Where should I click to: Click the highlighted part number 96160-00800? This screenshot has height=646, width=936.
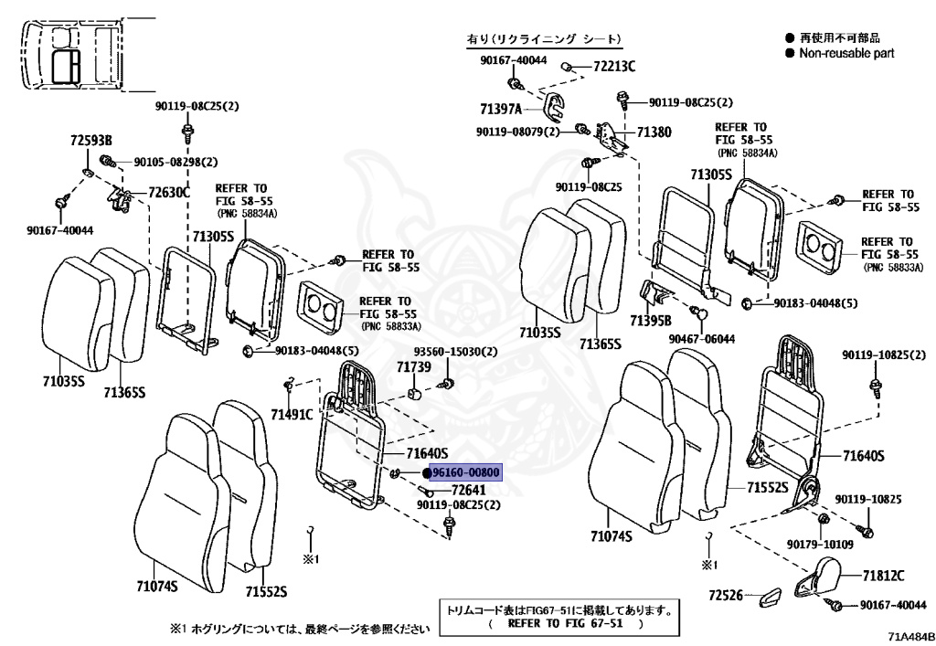(x=465, y=473)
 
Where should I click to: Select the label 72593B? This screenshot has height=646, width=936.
(x=90, y=141)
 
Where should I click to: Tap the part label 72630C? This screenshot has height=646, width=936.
(x=169, y=192)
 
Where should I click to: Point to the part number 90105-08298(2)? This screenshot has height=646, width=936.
(x=175, y=162)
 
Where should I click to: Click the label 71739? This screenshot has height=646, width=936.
(x=414, y=366)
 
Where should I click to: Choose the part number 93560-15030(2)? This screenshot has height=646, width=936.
(x=455, y=352)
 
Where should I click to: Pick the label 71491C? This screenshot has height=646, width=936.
(x=292, y=414)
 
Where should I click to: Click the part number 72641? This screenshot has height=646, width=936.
(x=469, y=491)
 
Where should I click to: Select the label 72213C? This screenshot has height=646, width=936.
(x=614, y=66)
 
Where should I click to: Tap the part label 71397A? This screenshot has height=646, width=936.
(x=501, y=109)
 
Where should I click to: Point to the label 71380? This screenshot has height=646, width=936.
(x=654, y=132)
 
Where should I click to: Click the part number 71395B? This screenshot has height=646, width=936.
(x=651, y=321)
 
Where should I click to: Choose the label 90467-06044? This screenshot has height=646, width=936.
(x=701, y=339)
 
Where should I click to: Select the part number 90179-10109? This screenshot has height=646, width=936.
(x=820, y=544)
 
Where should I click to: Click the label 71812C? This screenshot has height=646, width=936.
(x=883, y=576)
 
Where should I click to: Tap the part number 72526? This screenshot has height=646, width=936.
(x=725, y=596)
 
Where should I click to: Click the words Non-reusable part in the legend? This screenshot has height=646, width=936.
(x=846, y=53)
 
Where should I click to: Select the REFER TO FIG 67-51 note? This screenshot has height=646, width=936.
(x=565, y=623)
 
